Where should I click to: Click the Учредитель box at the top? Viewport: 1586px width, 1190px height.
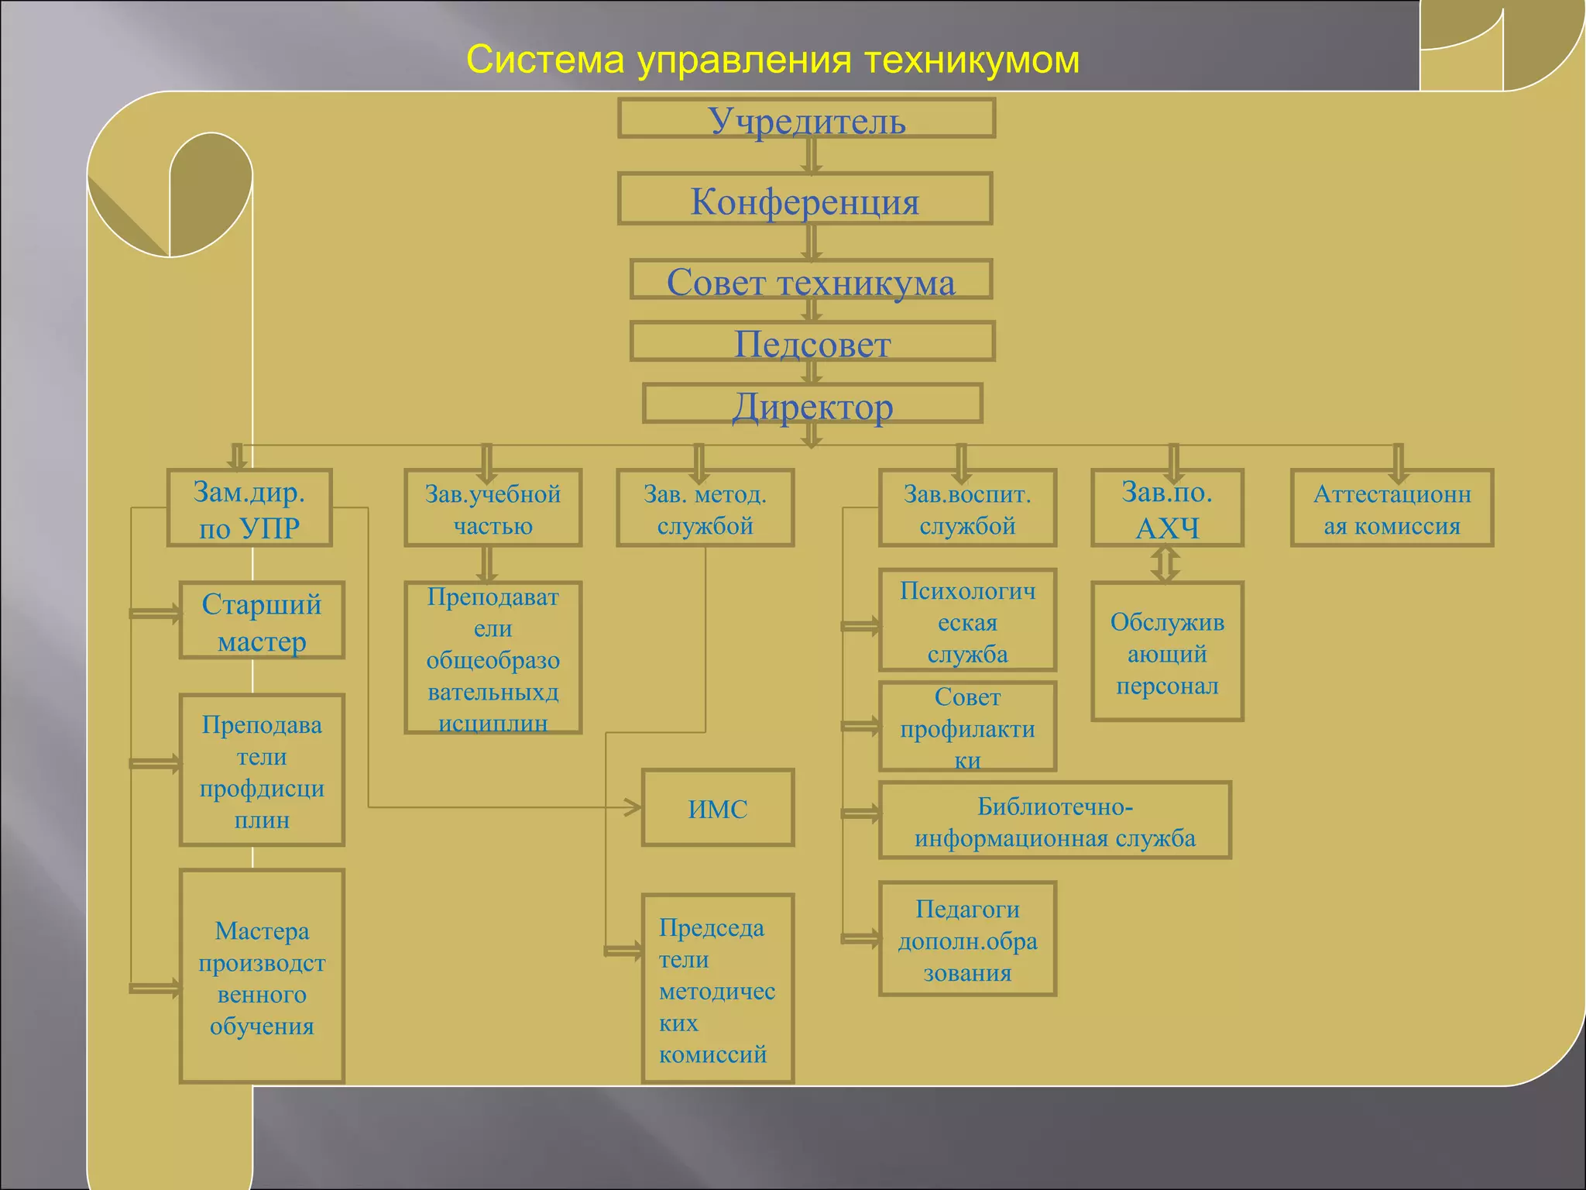click(x=806, y=119)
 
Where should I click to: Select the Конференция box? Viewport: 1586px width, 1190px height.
click(x=805, y=199)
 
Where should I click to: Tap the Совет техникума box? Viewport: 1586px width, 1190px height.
click(x=811, y=280)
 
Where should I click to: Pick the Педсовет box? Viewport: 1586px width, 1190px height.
click(x=812, y=342)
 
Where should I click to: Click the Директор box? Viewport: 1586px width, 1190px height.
click(x=812, y=404)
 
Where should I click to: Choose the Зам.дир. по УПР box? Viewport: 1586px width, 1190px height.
click(x=249, y=508)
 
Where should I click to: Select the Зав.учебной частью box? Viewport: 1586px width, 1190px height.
click(x=493, y=508)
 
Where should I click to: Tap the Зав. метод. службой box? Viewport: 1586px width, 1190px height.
click(x=705, y=508)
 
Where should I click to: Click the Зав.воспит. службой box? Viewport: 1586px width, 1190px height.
click(x=967, y=508)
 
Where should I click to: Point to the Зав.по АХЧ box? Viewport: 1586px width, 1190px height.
click(x=1167, y=508)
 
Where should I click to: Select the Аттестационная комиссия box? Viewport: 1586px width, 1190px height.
click(x=1392, y=508)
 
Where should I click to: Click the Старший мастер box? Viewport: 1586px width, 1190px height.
click(x=262, y=621)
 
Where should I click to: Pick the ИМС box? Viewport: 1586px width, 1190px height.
click(x=718, y=808)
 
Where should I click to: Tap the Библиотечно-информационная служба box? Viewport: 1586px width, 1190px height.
click(x=1055, y=820)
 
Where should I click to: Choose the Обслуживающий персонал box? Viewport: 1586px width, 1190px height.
click(x=1167, y=652)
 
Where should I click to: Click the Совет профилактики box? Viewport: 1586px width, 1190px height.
click(x=967, y=727)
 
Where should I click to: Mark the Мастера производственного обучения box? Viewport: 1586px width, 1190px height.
click(x=262, y=976)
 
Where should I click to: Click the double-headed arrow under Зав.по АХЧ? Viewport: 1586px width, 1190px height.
click(x=1165, y=564)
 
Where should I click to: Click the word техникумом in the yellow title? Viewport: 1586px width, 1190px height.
click(x=972, y=60)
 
